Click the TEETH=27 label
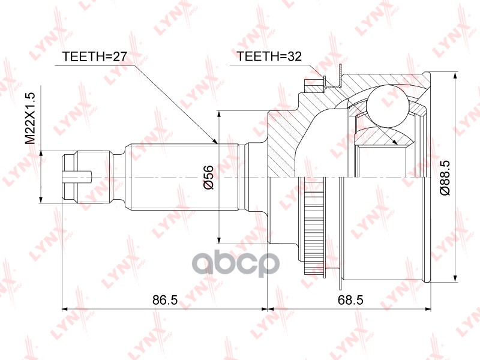click(94, 56)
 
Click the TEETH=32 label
click(269, 56)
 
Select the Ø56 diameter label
click(208, 177)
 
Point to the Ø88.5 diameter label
click(445, 178)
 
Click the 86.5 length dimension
click(165, 300)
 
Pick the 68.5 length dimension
click(350, 300)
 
